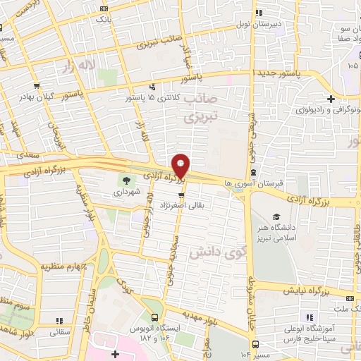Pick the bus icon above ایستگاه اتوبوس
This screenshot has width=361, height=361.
pyautogui.click(x=153, y=318)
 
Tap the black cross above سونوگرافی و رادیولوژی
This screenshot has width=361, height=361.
pyautogui.click(x=331, y=99)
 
